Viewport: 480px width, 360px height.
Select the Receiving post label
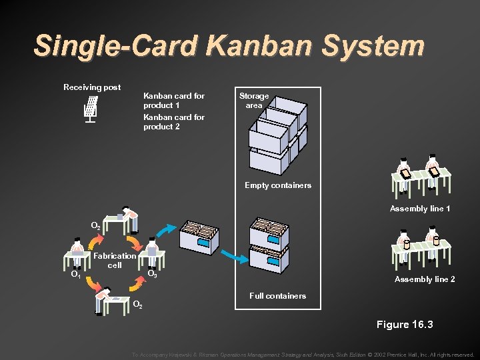point(92,87)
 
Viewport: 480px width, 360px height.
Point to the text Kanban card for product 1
point(174,101)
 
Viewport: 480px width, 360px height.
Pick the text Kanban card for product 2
point(174,122)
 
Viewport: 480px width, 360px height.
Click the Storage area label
point(254,101)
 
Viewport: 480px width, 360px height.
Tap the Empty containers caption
point(278,185)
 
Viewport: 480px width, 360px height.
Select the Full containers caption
point(277,295)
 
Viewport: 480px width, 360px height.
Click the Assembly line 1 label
point(420,209)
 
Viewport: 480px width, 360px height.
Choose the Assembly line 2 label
point(425,279)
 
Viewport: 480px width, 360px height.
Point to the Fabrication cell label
point(115,260)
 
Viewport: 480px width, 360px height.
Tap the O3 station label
point(152,274)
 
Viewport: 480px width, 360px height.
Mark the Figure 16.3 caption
point(405,325)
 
